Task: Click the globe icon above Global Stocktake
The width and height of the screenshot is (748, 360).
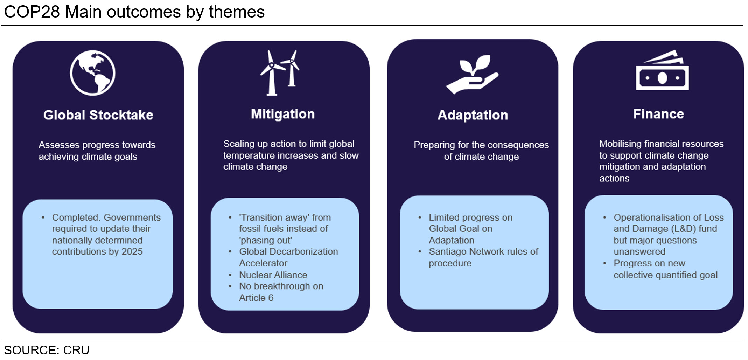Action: (x=92, y=73)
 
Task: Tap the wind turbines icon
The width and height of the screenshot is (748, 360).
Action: (x=280, y=73)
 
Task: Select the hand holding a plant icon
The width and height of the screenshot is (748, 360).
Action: (x=472, y=74)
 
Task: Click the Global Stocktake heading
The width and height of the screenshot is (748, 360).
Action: (x=98, y=115)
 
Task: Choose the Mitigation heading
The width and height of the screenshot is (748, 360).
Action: (x=283, y=114)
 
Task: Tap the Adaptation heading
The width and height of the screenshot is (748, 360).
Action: (x=473, y=115)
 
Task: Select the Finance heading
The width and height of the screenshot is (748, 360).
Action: (x=658, y=114)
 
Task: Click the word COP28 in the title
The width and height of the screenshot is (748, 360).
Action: (x=32, y=12)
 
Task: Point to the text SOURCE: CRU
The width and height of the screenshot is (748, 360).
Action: (x=47, y=350)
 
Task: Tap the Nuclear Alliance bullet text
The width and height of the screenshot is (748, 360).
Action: (x=273, y=275)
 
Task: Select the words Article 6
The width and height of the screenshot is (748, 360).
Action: (x=256, y=298)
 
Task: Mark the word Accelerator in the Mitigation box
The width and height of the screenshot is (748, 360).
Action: (x=263, y=263)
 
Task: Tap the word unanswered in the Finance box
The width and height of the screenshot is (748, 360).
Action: (x=639, y=252)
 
